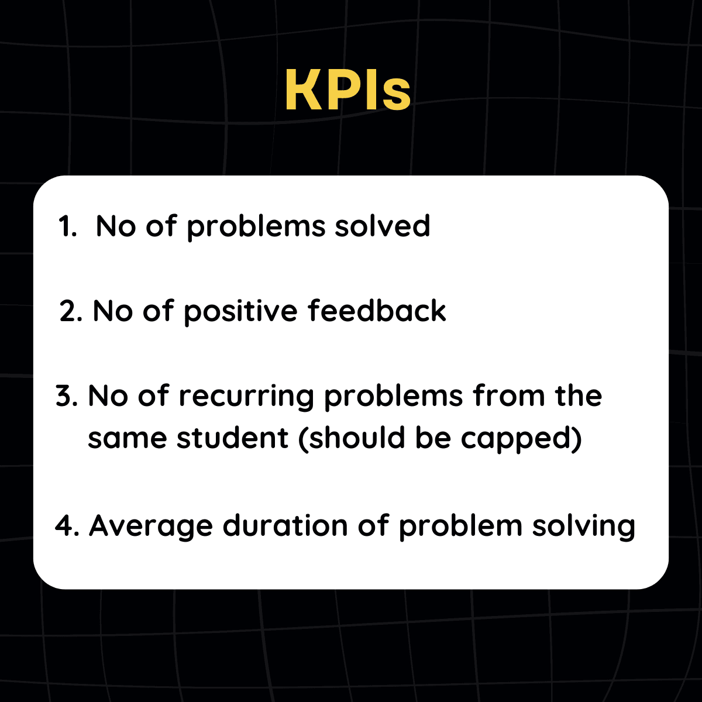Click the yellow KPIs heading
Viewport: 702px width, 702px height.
click(348, 90)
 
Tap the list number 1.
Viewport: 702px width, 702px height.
click(67, 226)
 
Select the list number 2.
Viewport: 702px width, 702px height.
click(71, 311)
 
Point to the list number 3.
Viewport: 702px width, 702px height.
click(67, 396)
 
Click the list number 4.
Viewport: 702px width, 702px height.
click(67, 526)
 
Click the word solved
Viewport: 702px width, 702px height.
click(383, 225)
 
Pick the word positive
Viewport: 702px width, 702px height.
click(241, 312)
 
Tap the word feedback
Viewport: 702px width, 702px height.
click(377, 310)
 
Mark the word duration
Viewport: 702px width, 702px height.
click(285, 525)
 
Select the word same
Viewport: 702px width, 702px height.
click(128, 439)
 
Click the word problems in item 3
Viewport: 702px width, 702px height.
click(394, 397)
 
